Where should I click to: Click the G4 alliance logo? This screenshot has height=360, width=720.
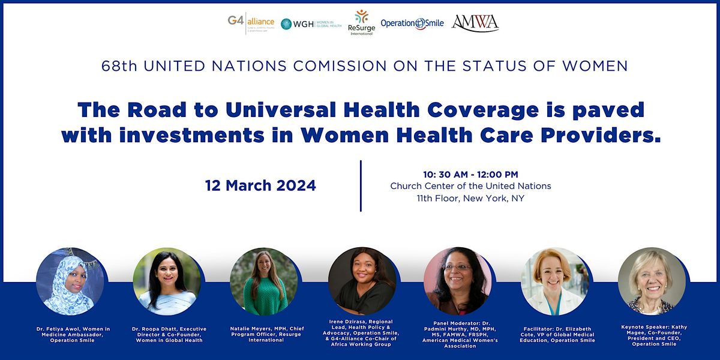[251, 23]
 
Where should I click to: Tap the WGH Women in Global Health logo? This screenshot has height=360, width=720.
[311, 23]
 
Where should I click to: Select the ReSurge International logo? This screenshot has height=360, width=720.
[361, 23]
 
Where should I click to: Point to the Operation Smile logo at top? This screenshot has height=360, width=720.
[412, 23]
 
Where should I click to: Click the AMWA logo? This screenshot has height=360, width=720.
[475, 23]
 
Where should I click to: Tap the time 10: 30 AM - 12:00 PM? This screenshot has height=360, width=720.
[470, 174]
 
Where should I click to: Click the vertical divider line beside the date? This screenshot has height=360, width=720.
[361, 186]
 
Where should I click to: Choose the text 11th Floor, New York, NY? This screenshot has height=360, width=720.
[470, 198]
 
